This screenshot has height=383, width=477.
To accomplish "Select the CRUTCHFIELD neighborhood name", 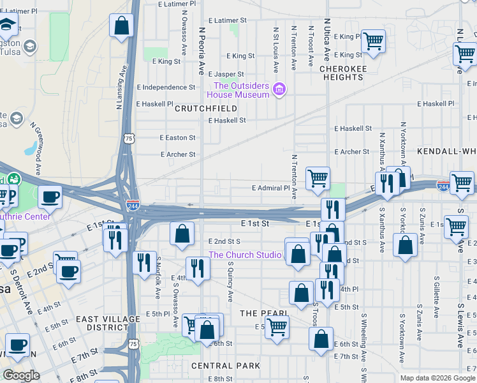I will [x=206, y=109].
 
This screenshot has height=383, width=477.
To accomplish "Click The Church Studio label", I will [x=245, y=255].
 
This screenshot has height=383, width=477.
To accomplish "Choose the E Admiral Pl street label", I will [x=270, y=188].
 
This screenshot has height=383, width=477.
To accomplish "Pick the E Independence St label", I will [x=166, y=87].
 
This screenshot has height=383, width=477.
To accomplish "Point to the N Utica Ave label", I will [x=327, y=34].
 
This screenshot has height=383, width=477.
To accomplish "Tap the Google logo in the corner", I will [x=22, y=375].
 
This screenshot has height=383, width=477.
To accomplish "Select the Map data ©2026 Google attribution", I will [x=436, y=378].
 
